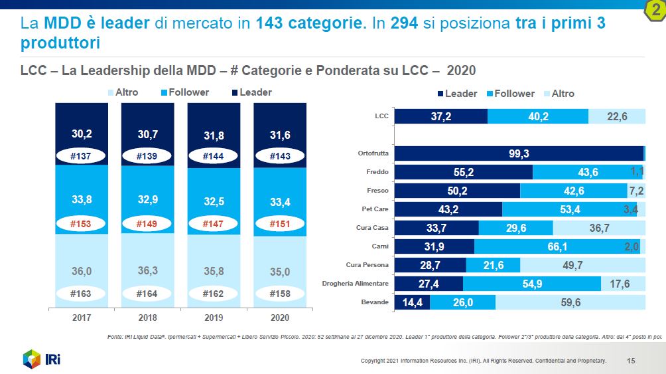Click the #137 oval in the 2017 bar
pos(82,157)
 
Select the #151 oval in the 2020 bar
pos(280,224)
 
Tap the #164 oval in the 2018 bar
pos(147,293)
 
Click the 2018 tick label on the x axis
pos(147,318)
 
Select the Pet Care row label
pos(374,209)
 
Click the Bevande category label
pos(374,302)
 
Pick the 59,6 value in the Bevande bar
pos(570,302)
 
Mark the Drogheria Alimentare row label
pos(355,284)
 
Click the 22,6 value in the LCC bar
pos(617,116)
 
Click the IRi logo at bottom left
pos(42,359)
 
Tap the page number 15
pos(631,361)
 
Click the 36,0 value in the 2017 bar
pos(82,271)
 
